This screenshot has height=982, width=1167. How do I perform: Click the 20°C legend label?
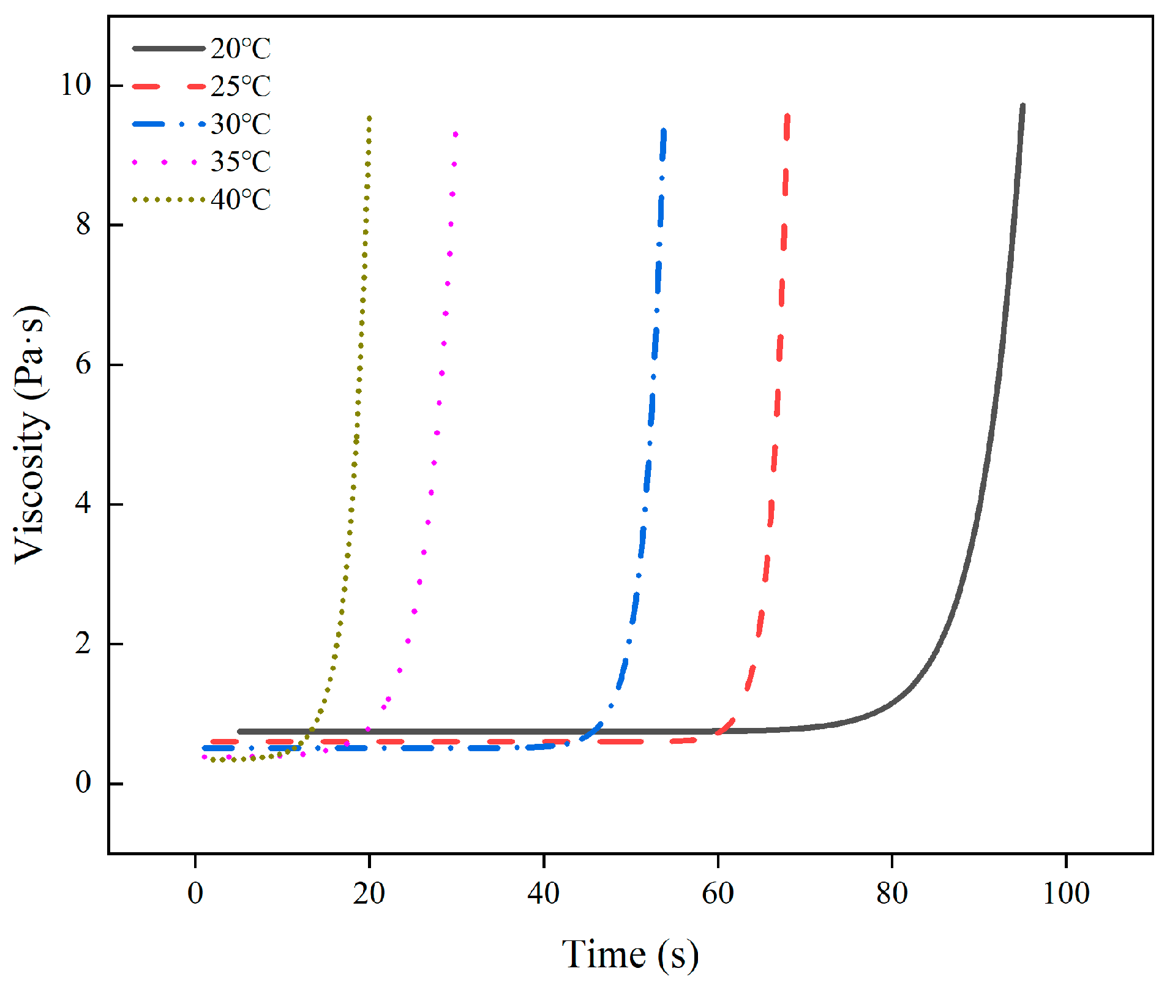[x=241, y=48]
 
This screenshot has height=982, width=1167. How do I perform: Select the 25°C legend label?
[x=241, y=86]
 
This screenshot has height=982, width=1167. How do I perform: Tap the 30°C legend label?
[x=241, y=124]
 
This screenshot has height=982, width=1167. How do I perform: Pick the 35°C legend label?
[x=241, y=162]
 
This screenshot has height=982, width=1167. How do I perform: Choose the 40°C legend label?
[x=241, y=200]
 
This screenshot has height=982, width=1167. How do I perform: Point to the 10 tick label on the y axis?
[x=75, y=84]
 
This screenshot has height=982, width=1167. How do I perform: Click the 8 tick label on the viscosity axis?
[x=83, y=225]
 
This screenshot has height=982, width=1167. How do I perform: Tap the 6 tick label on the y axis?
[x=83, y=364]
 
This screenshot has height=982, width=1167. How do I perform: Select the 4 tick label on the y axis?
[x=83, y=504]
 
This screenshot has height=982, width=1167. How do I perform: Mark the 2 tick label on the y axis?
[x=83, y=643]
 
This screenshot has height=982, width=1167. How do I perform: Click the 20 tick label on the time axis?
[x=369, y=894]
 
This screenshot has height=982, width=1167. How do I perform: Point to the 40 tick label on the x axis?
[x=543, y=894]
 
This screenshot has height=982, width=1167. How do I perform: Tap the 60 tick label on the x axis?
[x=718, y=894]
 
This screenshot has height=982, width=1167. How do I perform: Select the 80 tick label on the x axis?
[x=891, y=894]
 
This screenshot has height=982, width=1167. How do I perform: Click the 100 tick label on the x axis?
[x=1066, y=894]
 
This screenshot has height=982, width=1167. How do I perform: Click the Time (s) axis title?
[x=630, y=954]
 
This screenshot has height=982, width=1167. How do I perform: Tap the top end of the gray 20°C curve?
[x=1023, y=106]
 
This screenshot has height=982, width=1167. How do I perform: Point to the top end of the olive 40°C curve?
[x=369, y=118]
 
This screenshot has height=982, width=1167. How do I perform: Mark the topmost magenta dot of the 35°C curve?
[x=456, y=134]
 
